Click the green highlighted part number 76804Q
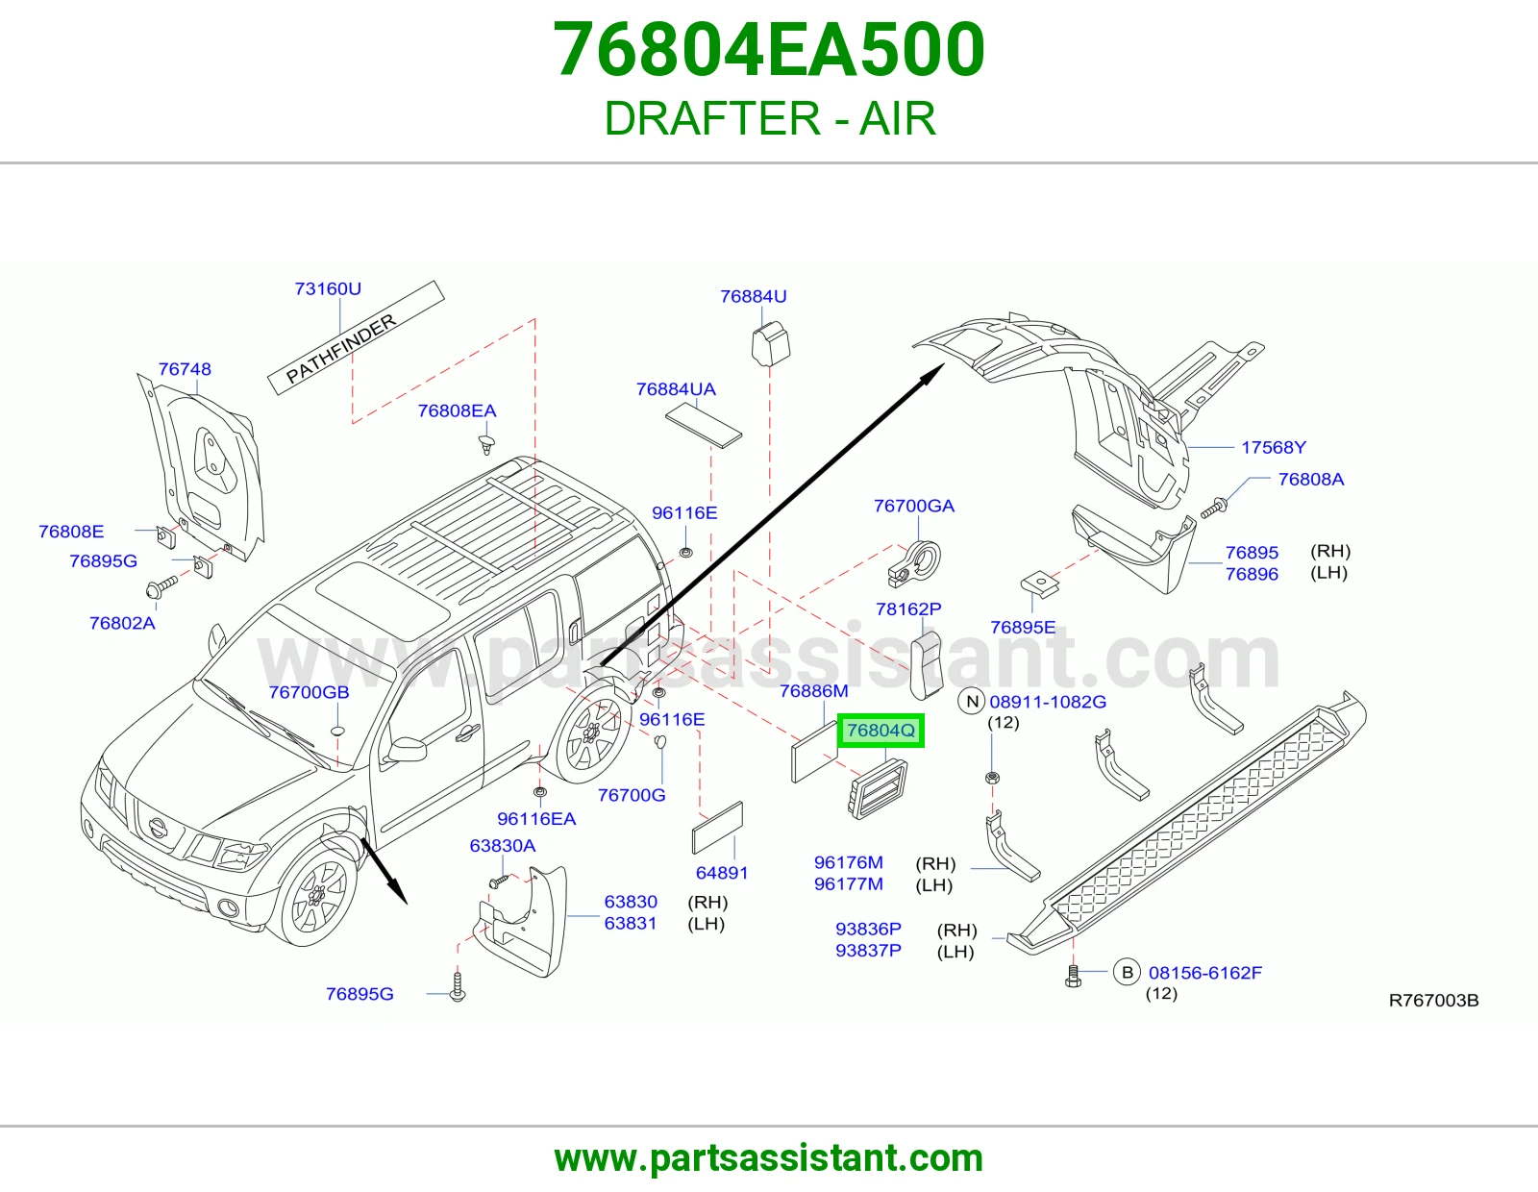881,730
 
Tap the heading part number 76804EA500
769,49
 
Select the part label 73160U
328,288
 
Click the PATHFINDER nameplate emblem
356,337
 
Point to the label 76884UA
676,389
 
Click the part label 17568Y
1274,447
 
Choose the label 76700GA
914,506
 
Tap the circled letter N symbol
972,702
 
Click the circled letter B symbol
1128,973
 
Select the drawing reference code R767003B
1433,1000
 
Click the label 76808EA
457,411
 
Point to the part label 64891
722,873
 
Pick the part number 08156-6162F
1205,973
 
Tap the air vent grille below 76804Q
878,788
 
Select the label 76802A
122,623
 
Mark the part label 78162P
908,608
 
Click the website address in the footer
769,1158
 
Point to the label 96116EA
536,819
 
